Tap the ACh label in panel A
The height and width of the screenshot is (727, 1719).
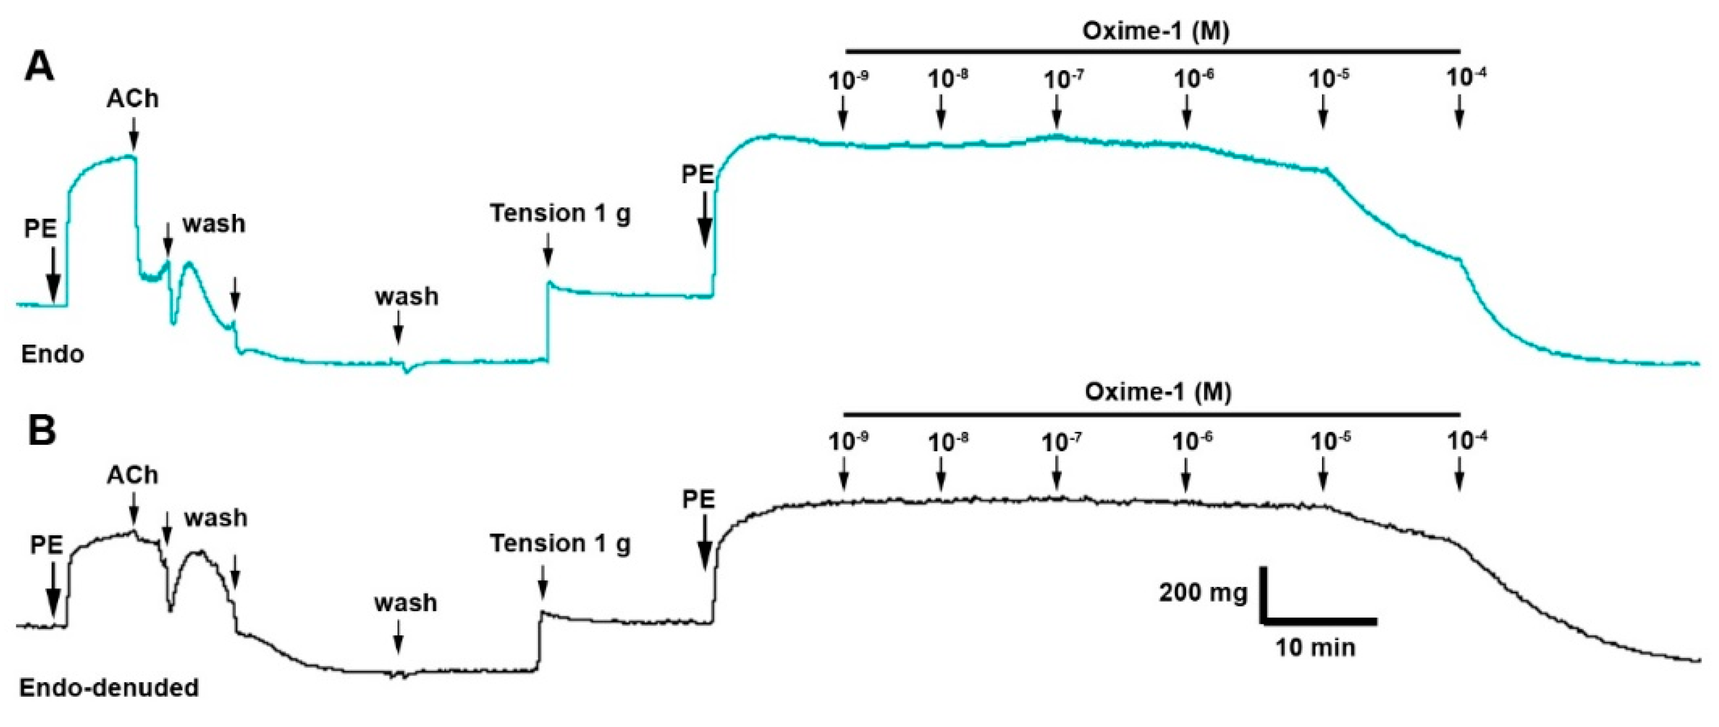[133, 99]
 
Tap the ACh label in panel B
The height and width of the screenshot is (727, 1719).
[132, 475]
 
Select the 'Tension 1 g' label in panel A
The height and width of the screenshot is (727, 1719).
[560, 213]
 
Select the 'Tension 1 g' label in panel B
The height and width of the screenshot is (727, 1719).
[560, 544]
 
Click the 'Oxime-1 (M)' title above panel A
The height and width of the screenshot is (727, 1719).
[1155, 31]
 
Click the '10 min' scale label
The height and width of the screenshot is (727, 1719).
[1316, 648]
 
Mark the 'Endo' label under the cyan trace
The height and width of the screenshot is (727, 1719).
[53, 354]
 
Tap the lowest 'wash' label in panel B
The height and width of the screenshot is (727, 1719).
[406, 602]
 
